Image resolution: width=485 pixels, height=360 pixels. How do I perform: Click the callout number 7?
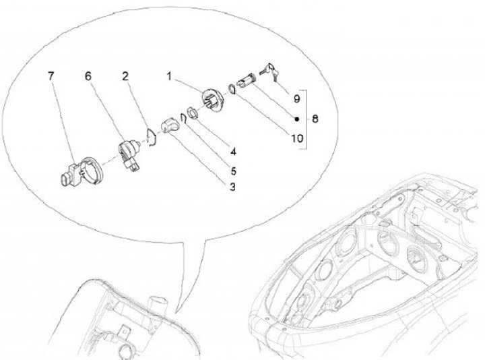(x=51, y=76)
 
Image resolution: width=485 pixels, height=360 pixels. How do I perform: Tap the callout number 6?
(x=88, y=76)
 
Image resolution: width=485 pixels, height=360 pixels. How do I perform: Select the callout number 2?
(x=125, y=76)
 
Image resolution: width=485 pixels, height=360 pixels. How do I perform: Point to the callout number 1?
(x=169, y=76)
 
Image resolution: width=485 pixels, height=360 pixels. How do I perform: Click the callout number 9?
(x=296, y=98)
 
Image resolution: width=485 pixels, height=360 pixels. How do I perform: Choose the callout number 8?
(x=315, y=119)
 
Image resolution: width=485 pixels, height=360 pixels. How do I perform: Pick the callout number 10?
(x=297, y=138)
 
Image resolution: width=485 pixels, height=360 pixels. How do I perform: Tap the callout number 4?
(x=233, y=152)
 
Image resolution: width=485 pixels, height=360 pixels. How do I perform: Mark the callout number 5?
(x=233, y=171)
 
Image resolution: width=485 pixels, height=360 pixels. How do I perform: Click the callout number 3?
(x=232, y=187)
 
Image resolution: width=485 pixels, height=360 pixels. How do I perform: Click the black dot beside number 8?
(x=296, y=119)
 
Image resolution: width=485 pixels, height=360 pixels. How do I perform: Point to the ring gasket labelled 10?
(x=231, y=88)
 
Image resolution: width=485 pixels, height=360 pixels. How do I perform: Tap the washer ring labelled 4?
(x=193, y=113)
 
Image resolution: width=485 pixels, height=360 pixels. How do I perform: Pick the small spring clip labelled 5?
(x=183, y=118)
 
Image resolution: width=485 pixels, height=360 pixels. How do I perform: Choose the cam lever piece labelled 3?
(x=170, y=125)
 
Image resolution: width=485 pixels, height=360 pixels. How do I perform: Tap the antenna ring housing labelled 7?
(x=81, y=171)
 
